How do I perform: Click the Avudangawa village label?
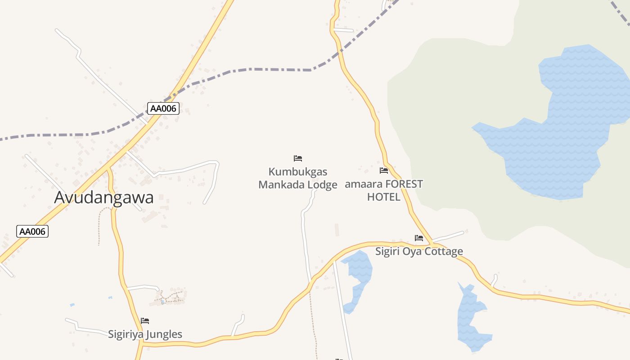[104, 198]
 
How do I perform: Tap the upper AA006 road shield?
[163, 108]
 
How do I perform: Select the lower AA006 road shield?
[32, 231]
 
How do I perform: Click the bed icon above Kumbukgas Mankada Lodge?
[298, 158]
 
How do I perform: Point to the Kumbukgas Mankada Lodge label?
[298, 178]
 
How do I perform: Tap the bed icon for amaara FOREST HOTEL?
[384, 171]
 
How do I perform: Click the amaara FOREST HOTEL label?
[384, 190]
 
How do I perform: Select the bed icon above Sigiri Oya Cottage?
[419, 238]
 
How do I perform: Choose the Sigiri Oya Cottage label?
[419, 251]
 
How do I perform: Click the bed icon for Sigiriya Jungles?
[145, 321]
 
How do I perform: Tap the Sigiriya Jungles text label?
[145, 334]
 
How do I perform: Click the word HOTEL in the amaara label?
[383, 197]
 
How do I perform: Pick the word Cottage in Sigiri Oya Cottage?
[443, 251]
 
